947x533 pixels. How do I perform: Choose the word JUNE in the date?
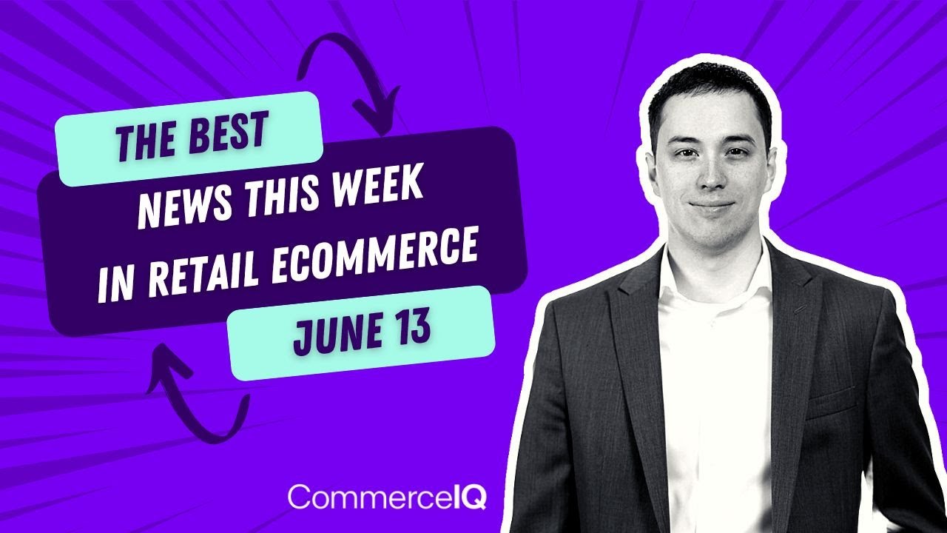334,334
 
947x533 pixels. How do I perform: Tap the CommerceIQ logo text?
387,496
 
